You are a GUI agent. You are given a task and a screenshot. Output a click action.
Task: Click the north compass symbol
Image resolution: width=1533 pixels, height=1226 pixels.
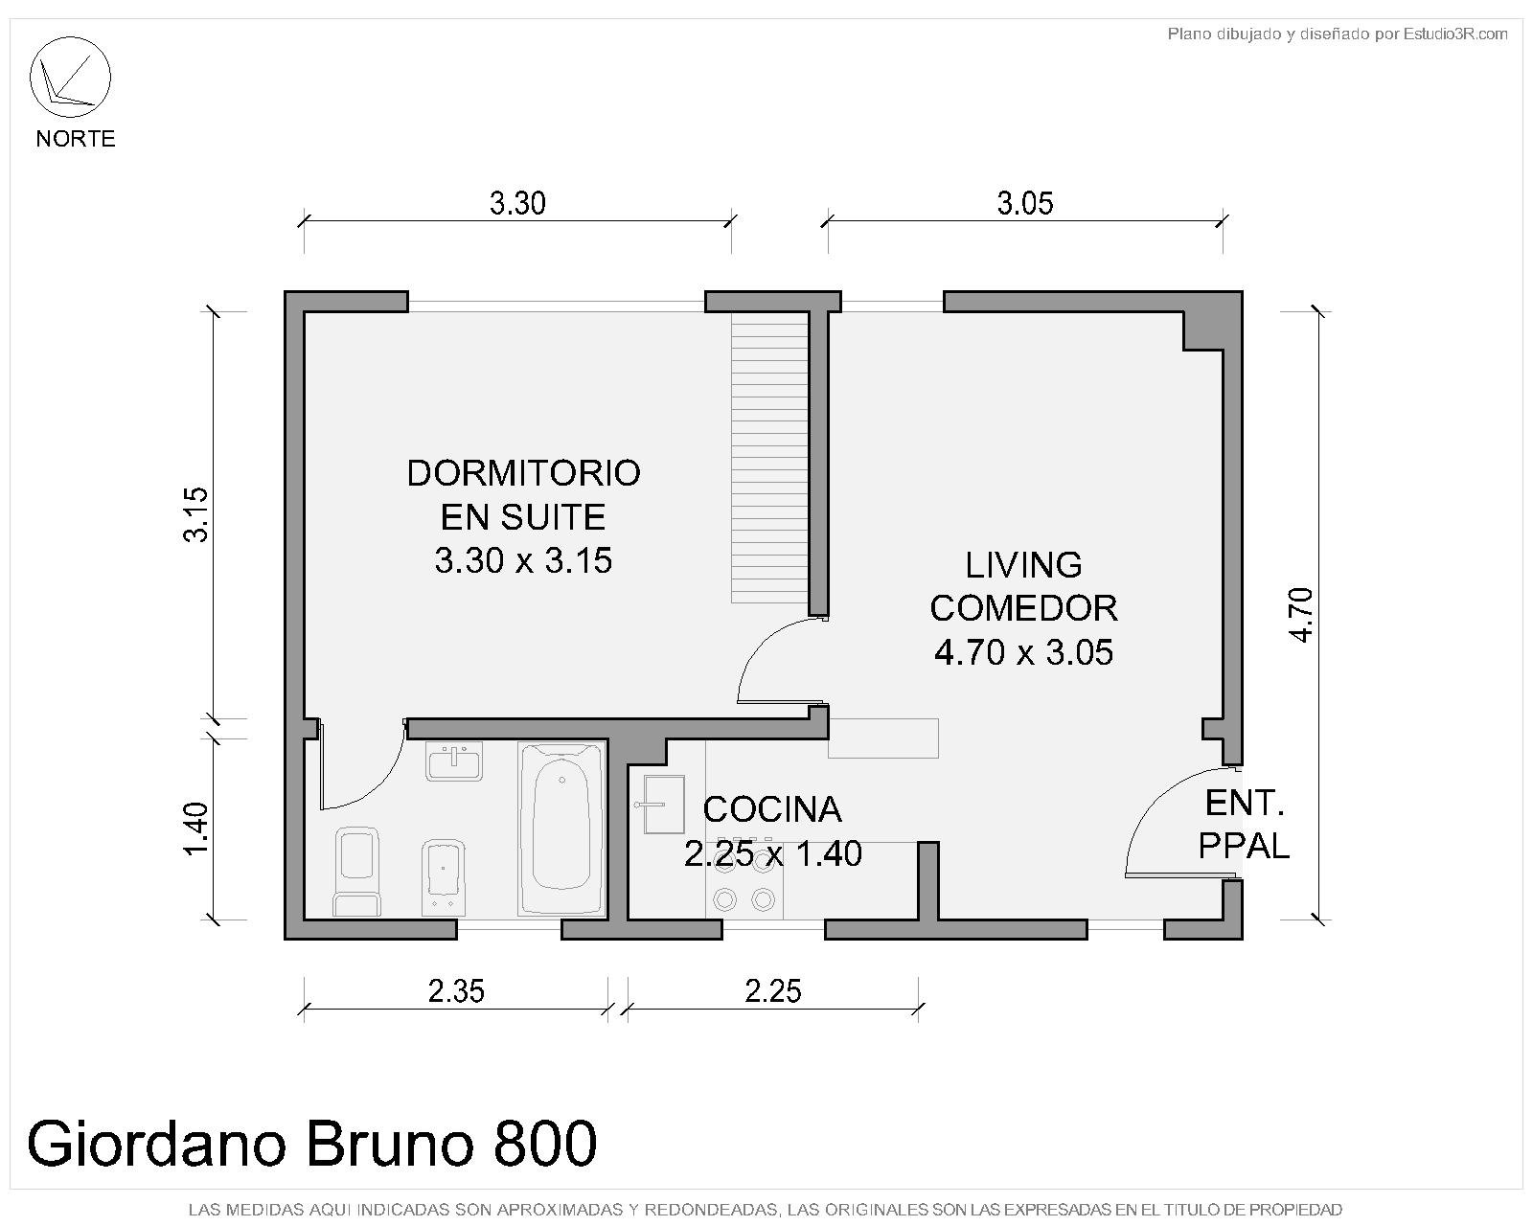[x=70, y=77]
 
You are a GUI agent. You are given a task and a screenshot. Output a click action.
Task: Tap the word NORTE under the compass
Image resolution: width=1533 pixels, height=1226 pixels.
[x=76, y=138]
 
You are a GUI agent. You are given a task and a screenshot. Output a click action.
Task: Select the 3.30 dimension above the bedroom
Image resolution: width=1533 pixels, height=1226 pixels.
[x=517, y=204]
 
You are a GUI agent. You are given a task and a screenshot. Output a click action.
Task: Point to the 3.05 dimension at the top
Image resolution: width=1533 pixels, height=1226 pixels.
[x=1024, y=204]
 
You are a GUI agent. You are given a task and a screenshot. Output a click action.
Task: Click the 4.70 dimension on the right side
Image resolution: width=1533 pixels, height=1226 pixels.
[x=1301, y=615]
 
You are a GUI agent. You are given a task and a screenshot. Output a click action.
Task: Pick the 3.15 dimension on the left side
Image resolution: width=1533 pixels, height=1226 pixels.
[x=195, y=514]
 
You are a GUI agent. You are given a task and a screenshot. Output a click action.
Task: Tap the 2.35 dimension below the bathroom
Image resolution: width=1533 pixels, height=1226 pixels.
[x=456, y=991]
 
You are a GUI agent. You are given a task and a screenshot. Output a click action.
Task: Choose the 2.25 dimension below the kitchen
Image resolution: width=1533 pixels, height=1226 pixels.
[x=773, y=991]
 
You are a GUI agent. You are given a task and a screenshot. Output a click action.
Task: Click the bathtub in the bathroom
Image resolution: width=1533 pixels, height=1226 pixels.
[x=562, y=829]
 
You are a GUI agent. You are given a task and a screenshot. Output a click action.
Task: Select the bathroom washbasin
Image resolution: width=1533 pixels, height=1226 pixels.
[x=454, y=761]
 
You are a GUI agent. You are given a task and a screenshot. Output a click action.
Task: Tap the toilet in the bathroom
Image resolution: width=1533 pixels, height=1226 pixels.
[x=356, y=872]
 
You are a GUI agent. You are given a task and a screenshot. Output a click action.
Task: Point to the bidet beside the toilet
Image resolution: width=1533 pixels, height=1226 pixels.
[x=443, y=877]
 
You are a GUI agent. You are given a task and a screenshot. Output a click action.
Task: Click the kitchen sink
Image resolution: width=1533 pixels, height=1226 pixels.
[x=662, y=805]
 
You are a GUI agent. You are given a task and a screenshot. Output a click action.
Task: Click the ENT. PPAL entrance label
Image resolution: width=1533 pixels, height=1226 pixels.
[x=1244, y=825]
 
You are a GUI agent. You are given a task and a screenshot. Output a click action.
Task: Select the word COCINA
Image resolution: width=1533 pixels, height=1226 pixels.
[x=772, y=809]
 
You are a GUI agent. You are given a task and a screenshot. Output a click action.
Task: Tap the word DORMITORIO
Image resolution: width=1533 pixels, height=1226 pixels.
[x=523, y=473]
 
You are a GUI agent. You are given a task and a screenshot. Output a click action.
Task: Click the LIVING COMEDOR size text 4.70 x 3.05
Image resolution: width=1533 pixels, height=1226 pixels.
[x=1023, y=652]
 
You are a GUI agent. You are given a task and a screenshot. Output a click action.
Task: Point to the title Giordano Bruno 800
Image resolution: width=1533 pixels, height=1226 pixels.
[x=312, y=1144]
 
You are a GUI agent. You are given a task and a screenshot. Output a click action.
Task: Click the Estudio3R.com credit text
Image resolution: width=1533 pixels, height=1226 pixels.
[x=1455, y=34]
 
